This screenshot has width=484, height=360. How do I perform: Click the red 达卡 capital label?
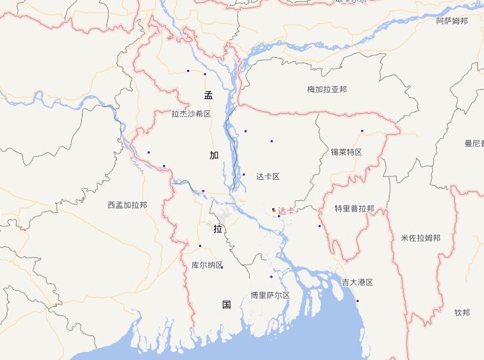pyautogui.click(x=286, y=211)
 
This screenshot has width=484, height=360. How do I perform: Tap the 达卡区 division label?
pyautogui.click(x=268, y=176)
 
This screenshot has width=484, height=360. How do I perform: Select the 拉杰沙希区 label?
pyautogui.click(x=191, y=114)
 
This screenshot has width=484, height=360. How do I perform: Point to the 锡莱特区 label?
pyautogui.click(x=346, y=152)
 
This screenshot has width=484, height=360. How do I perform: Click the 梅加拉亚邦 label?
pyautogui.click(x=327, y=89)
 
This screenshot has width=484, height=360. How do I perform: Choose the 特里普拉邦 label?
pyautogui.click(x=354, y=208)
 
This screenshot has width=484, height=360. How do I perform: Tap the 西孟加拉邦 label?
pyautogui.click(x=127, y=205)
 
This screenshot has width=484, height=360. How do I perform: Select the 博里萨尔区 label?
pyautogui.click(x=270, y=295)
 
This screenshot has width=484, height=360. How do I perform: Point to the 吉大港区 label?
pyautogui.click(x=358, y=282)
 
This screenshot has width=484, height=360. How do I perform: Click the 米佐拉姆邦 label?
pyautogui.click(x=421, y=238)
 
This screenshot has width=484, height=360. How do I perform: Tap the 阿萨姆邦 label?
pyautogui.click(x=452, y=21)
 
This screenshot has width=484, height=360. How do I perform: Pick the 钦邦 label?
pyautogui.click(x=462, y=312)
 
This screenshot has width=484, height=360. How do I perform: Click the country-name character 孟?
pyautogui.click(x=208, y=95)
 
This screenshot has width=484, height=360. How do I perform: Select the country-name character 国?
pyautogui.click(x=226, y=305)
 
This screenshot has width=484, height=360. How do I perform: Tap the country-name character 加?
pyautogui.click(x=214, y=155)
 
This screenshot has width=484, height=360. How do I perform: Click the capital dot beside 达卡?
pyautogui.click(x=274, y=210)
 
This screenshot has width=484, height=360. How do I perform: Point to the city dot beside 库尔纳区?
pyautogui.click(x=222, y=267)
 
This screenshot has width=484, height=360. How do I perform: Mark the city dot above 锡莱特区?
pyautogui.click(x=362, y=130)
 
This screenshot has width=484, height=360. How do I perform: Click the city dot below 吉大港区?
pyautogui.click(x=358, y=301)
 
